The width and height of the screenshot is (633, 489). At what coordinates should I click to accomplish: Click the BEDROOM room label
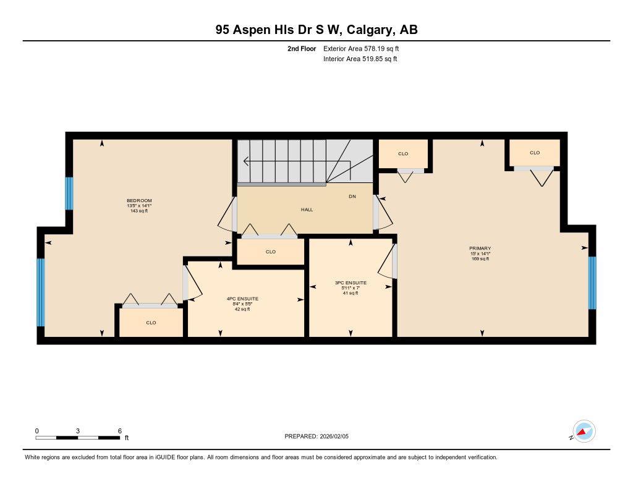pos(139,200)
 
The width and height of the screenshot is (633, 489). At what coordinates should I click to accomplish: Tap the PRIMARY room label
pos(480,249)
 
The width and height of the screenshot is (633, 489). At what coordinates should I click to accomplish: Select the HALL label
pos(307,210)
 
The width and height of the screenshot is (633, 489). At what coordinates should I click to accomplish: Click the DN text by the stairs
pos(352,197)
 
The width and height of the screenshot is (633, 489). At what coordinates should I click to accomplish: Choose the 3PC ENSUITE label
pos(350,283)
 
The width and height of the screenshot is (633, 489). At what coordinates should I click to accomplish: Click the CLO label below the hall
pos(270,252)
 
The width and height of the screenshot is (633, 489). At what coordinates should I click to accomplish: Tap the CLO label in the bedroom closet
pos(151,323)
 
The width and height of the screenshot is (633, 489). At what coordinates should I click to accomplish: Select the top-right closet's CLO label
pos(535,153)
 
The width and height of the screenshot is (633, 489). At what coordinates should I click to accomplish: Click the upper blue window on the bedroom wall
pos(69,193)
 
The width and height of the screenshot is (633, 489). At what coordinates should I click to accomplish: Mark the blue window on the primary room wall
pos(592,283)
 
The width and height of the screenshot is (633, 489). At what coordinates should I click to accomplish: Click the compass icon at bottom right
pos(584,431)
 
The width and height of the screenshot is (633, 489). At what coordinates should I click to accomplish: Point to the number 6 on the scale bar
pos(119,431)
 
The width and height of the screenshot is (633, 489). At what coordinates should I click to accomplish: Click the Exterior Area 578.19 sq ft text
pos(365,48)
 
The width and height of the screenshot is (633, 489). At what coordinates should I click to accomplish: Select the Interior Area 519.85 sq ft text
pos(360,59)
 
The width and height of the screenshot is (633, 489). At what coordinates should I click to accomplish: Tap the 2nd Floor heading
pos(302,48)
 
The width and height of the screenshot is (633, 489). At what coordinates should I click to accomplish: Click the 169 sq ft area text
pos(480,258)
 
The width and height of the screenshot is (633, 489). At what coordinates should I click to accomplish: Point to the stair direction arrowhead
pos(245,162)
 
